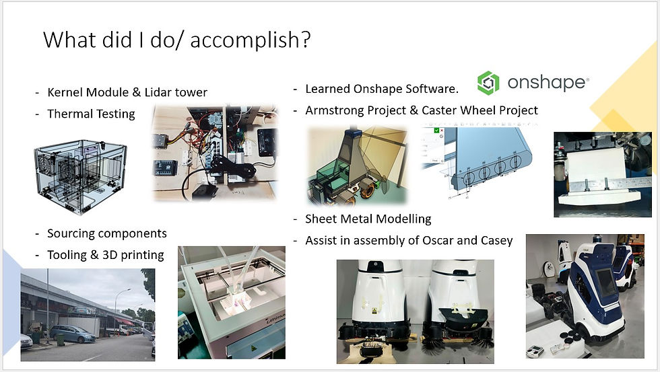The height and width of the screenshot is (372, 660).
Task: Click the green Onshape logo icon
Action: [x=488, y=83]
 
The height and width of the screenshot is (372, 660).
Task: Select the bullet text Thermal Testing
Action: [x=91, y=114]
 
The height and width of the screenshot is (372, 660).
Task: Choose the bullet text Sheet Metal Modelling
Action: [x=368, y=219]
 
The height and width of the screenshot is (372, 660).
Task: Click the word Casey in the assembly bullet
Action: [x=497, y=241]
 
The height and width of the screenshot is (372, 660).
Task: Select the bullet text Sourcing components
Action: [x=107, y=233]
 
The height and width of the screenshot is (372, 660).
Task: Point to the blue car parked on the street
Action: [x=73, y=334]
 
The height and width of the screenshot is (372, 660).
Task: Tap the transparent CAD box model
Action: [x=80, y=176]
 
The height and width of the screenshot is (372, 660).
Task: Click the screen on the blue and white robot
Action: [x=606, y=283]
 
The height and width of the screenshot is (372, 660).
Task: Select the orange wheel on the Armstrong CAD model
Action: [x=367, y=189]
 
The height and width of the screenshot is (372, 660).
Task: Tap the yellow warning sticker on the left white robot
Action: [x=373, y=311]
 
